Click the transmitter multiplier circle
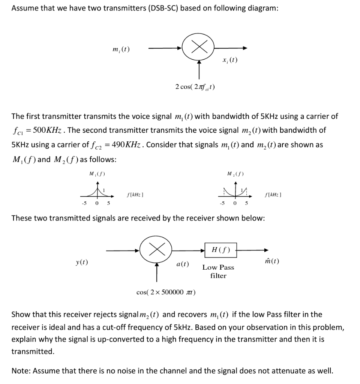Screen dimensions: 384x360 point(198,48)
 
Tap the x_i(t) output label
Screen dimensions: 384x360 point(229,60)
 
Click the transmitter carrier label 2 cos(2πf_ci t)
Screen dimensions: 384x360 point(195,87)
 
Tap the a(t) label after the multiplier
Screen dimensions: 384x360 point(182,264)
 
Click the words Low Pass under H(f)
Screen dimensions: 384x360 point(218,267)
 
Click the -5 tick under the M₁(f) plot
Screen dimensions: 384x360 point(85,204)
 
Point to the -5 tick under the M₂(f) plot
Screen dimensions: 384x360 point(222,204)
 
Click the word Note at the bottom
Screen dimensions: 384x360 point(21,371)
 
